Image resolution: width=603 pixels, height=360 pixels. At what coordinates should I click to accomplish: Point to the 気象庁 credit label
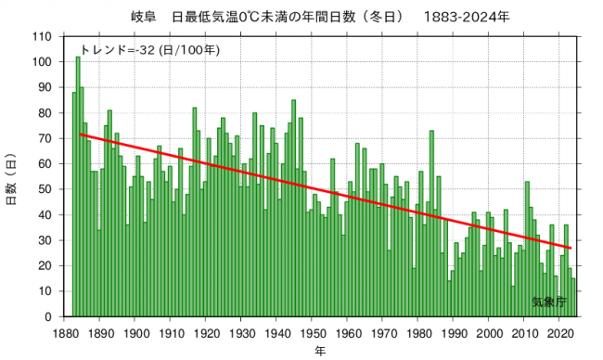point(549,302)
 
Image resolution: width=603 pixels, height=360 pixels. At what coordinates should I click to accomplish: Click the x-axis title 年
point(320,352)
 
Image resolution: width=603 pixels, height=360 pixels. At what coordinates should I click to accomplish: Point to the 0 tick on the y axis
point(48,316)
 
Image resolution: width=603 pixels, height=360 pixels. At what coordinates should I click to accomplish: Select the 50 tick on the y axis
point(45,189)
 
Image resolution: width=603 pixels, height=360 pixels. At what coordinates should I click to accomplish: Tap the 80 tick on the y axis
point(45,113)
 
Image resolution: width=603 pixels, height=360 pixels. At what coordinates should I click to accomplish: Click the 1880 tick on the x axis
point(66,332)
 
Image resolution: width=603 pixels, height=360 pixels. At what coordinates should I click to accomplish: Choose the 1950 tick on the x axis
point(313,332)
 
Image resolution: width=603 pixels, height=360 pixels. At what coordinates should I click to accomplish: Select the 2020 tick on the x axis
point(559,332)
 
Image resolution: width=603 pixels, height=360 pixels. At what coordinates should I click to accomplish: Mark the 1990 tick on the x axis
point(454,332)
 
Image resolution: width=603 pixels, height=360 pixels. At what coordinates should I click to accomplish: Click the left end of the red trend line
point(80,135)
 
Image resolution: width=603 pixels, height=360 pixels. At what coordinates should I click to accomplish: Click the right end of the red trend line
point(571,249)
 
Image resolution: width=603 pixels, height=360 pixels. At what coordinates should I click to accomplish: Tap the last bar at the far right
point(573,298)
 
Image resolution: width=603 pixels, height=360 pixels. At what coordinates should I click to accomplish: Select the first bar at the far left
point(74,204)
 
